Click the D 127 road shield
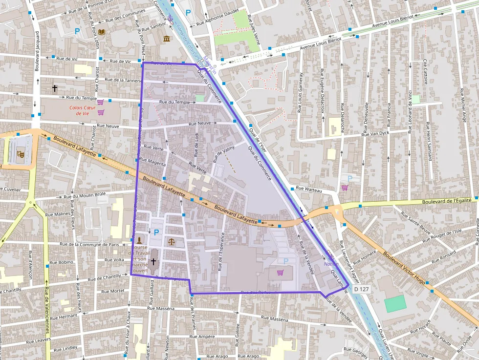click(361, 289)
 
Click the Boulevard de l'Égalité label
click(447, 200)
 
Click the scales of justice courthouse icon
click(171, 241)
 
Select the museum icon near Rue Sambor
click(167, 39)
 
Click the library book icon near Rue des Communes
click(101, 32)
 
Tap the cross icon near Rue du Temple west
click(55, 88)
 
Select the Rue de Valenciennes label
click(47, 313)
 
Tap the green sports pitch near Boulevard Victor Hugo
click(395, 304)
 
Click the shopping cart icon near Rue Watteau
click(345, 188)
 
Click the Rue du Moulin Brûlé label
click(85, 196)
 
